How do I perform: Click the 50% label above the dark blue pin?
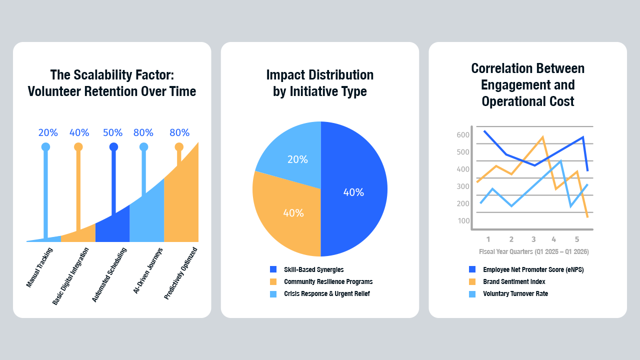112,133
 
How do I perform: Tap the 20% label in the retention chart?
48,133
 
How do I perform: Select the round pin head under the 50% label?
113,147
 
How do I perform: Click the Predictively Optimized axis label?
181,273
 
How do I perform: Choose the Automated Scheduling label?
109,274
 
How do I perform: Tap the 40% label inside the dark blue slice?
353,192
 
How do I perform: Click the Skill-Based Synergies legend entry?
313,269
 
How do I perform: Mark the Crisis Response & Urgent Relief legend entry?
326,293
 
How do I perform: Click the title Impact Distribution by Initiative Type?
320,83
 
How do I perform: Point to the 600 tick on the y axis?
463,135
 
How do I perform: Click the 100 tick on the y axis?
463,221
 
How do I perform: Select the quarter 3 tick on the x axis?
533,239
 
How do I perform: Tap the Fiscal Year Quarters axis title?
533,251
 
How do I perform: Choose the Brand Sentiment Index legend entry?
514,281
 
